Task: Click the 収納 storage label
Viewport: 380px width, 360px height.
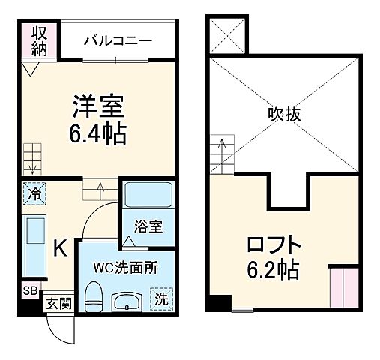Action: click(40, 40)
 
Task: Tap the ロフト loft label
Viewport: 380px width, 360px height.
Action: click(274, 244)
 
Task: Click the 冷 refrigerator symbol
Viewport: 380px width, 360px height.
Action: click(34, 193)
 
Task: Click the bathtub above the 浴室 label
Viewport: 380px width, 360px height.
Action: click(148, 196)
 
